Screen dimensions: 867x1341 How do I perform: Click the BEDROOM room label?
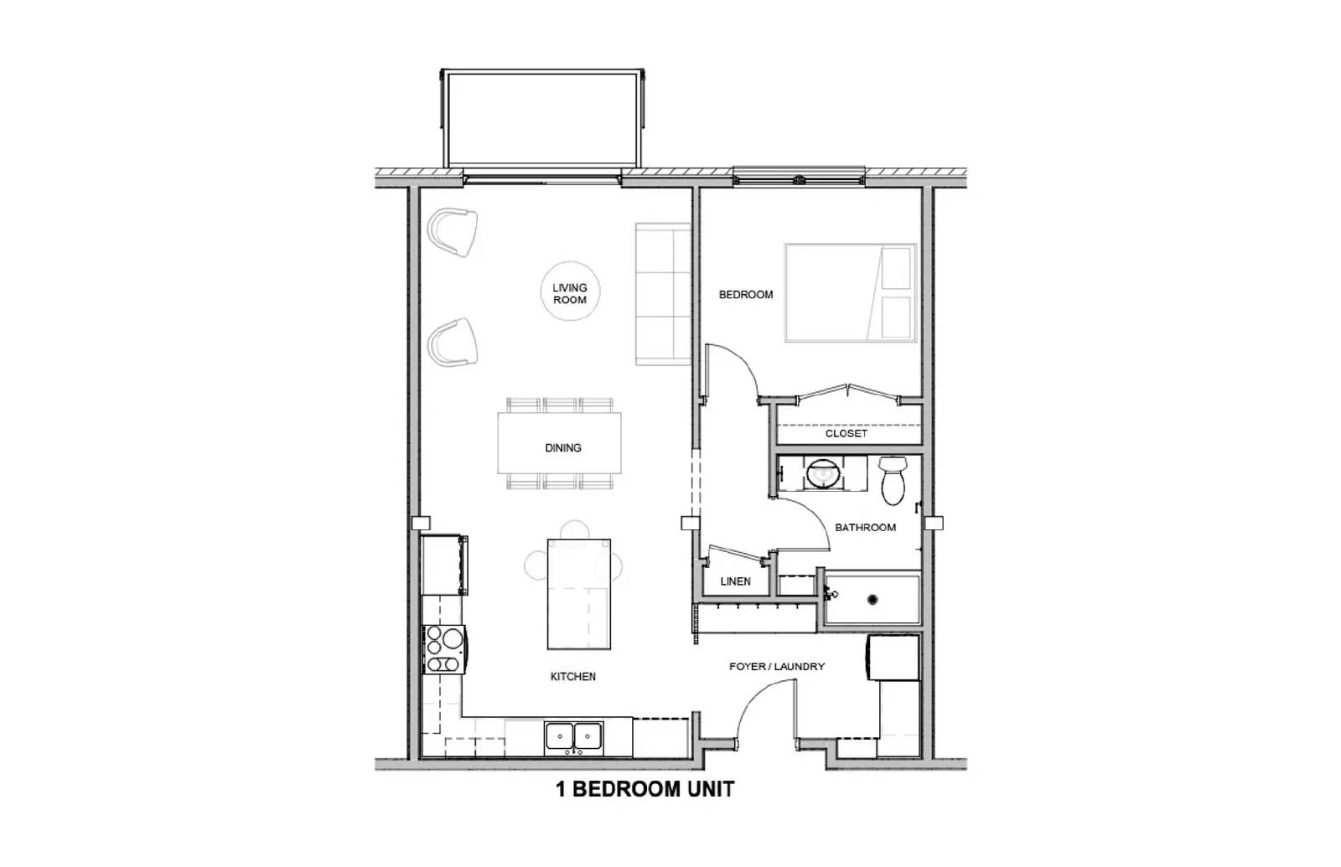click(745, 295)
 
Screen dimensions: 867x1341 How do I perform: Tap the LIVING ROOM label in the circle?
click(570, 293)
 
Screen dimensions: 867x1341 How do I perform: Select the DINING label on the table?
click(563, 448)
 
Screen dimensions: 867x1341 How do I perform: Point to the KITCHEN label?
click(573, 676)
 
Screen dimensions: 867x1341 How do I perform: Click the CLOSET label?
click(846, 434)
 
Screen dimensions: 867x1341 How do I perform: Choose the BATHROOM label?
click(865, 528)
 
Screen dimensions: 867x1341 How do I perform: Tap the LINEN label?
click(735, 581)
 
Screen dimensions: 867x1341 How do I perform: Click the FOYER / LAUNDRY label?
click(776, 667)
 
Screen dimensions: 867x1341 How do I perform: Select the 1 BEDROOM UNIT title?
click(645, 789)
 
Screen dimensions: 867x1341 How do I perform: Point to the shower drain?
click(872, 599)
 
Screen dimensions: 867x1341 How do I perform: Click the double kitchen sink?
click(575, 735)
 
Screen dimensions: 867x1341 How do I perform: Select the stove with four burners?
click(443, 649)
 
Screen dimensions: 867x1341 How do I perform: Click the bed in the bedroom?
click(850, 292)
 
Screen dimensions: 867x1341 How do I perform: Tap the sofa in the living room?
click(662, 294)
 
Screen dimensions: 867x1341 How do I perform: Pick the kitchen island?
click(578, 594)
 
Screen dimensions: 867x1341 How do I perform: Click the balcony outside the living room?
click(544, 119)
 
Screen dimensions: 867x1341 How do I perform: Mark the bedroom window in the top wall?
click(798, 178)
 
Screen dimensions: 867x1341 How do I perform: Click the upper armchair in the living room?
click(453, 231)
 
